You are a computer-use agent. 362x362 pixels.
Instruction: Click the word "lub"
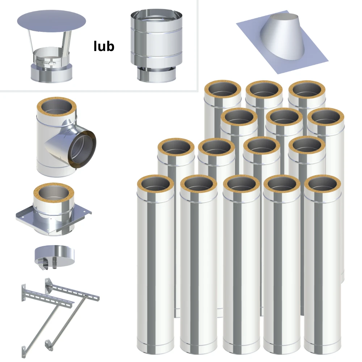click(104, 46)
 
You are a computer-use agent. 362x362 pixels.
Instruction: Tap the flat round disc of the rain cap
click(51, 21)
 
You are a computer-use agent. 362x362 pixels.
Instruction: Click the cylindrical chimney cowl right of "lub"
click(156, 46)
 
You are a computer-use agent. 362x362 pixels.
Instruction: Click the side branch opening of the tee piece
click(82, 149)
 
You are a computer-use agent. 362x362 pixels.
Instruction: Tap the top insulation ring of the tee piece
click(56, 107)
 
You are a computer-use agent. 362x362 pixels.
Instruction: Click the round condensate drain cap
click(55, 255)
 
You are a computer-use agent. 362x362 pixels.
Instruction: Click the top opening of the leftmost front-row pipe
click(155, 184)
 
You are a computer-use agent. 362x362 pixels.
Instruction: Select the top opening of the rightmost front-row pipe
click(323, 184)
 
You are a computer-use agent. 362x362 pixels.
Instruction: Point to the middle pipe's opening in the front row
click(241, 184)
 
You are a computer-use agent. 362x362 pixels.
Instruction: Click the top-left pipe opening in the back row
click(223, 89)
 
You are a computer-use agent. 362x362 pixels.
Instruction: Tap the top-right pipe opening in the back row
click(307, 90)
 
